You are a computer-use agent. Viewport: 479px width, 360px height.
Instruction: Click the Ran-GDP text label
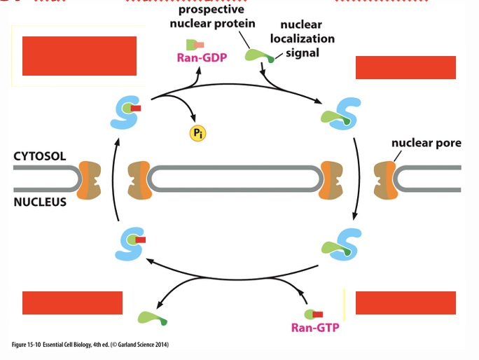coord(197,58)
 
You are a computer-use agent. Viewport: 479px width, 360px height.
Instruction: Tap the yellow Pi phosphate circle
coord(198,132)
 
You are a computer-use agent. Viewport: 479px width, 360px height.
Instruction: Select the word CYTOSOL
coord(40,156)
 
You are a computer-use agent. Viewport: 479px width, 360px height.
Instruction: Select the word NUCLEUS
coord(39,202)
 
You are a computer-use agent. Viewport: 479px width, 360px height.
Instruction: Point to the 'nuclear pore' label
coord(426,143)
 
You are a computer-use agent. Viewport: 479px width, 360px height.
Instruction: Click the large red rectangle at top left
coord(79,55)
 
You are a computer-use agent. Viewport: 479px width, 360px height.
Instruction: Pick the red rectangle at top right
coord(405,67)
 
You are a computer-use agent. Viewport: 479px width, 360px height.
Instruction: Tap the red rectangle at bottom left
coord(72,303)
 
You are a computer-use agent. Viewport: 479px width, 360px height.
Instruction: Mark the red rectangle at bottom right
coord(405,303)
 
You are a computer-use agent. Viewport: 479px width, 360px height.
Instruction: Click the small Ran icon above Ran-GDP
coord(195,44)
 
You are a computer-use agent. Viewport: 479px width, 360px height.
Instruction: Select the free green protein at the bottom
coord(153,319)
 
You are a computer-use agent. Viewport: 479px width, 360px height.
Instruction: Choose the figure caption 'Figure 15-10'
coord(90,345)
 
